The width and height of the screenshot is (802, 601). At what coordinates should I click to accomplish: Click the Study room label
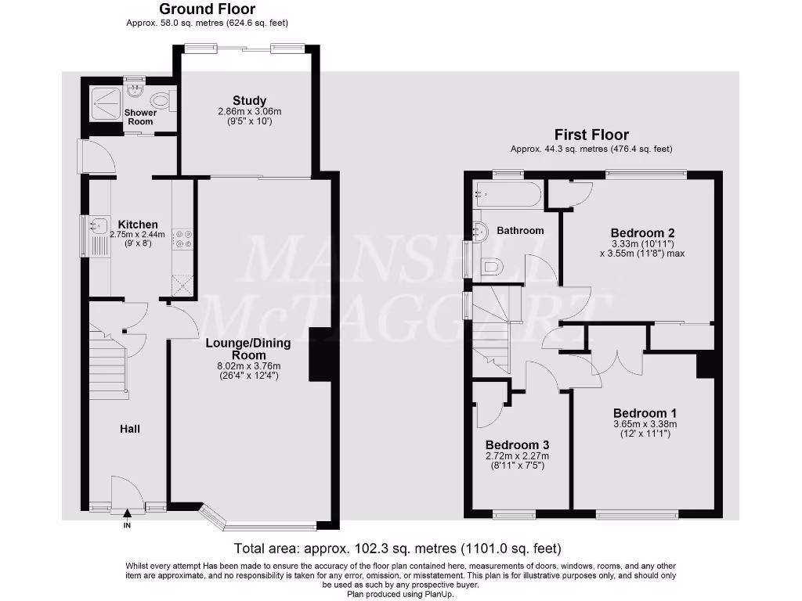point(249,101)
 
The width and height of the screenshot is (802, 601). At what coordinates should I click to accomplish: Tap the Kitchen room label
point(138,225)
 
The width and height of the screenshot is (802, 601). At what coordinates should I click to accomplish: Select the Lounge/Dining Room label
point(248,349)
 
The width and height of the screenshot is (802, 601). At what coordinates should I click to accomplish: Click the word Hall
point(130,429)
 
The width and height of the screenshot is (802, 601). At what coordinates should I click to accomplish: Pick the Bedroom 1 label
point(645,413)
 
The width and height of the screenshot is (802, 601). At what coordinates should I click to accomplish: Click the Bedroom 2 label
point(642,232)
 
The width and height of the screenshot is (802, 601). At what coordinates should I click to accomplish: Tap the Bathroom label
point(520,230)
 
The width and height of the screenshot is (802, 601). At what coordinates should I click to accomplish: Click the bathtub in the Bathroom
point(507,194)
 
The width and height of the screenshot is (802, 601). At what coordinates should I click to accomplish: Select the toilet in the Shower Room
point(161,100)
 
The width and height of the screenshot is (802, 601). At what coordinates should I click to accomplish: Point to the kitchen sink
point(99,227)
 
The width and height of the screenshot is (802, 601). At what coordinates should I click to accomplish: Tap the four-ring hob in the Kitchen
point(183,239)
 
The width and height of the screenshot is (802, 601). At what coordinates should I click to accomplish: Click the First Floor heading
point(591,135)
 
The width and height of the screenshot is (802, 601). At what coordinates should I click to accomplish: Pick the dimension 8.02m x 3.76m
point(248,365)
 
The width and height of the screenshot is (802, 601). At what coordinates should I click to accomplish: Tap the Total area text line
point(398,549)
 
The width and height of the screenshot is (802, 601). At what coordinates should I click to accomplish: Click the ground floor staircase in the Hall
point(108,365)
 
